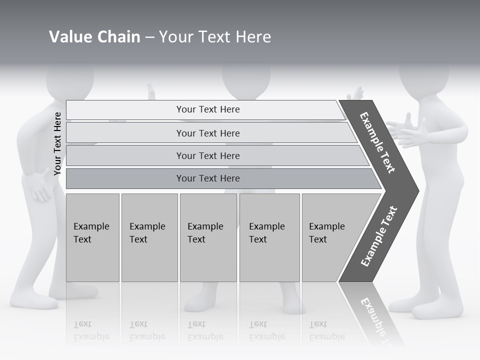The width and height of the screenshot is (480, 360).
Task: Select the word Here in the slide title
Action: click(x=253, y=37)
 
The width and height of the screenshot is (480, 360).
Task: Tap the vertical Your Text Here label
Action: click(x=57, y=143)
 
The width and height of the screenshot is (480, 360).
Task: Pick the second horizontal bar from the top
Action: click(x=208, y=133)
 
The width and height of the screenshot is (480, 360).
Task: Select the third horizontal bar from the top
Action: click(x=208, y=155)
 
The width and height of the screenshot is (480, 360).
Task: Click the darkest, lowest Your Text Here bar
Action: click(x=208, y=178)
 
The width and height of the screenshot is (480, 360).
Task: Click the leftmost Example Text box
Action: click(x=92, y=237)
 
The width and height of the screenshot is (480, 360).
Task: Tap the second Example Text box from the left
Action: click(x=149, y=237)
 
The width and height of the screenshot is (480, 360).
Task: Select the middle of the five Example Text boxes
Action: click(x=208, y=237)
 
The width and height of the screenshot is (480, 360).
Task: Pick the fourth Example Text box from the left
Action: click(x=269, y=237)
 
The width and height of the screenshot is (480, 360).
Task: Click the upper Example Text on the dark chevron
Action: click(x=377, y=142)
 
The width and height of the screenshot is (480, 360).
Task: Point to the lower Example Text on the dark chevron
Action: click(x=378, y=236)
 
